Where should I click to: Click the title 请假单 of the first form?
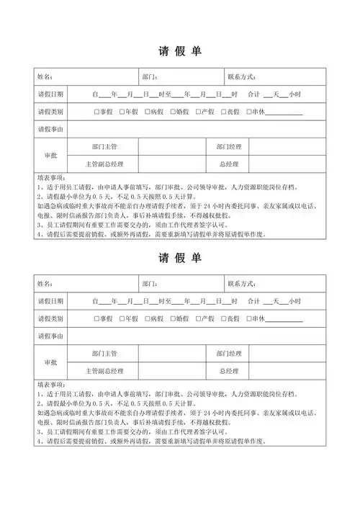179,52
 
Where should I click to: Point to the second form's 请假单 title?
179,258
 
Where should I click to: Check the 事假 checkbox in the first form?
96,112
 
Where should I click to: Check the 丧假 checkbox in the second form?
222,318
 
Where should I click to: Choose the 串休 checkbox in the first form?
248,112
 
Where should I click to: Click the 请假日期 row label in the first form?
50,94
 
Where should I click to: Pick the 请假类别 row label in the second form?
50,318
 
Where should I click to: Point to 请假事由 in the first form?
50,130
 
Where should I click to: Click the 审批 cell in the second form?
50,362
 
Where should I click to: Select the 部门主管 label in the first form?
104,147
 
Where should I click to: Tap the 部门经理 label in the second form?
229,353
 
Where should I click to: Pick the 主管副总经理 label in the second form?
104,371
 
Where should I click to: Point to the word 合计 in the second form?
253,300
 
